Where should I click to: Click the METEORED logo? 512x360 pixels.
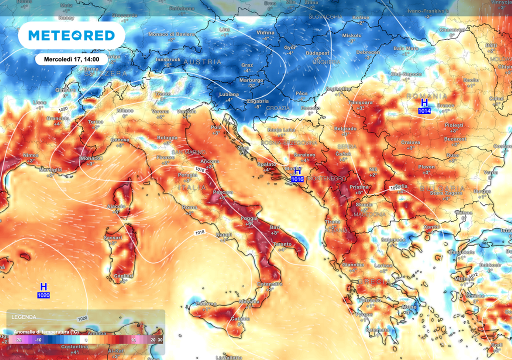(x=71, y=35)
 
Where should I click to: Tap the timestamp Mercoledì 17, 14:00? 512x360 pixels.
(x=71, y=59)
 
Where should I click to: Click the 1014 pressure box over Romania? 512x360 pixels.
(x=424, y=110)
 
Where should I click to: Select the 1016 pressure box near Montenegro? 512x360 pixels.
(x=297, y=178)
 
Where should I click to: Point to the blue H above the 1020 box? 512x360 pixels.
(x=43, y=287)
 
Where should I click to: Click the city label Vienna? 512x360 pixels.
(x=265, y=32)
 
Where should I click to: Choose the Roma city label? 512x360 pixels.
(x=189, y=207)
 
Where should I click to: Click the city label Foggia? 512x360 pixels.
(x=248, y=218)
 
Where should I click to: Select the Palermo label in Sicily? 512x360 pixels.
(x=205, y=303)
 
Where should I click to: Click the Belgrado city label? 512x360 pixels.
(x=345, y=128)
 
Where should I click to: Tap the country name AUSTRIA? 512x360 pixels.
(x=202, y=61)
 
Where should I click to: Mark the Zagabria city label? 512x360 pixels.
(x=257, y=100)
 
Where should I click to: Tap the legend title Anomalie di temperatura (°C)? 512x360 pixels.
(x=46, y=331)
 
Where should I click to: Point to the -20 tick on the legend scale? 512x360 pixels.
(x=18, y=339)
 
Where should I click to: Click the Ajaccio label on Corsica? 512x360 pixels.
(x=116, y=206)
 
